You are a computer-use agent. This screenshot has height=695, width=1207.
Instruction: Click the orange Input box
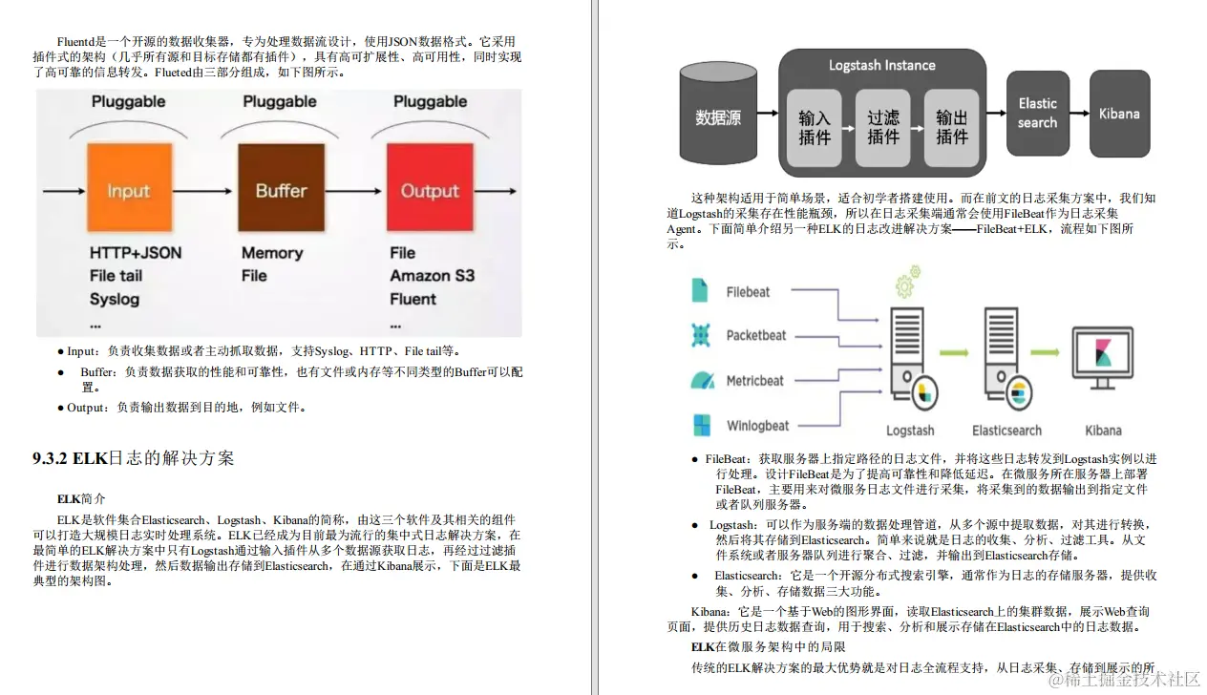[x=129, y=189]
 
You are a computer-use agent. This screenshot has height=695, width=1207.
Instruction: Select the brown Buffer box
[x=280, y=189]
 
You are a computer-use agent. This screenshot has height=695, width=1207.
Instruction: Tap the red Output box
[x=430, y=189]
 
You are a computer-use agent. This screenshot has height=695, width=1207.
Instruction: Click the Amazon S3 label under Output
[x=432, y=276]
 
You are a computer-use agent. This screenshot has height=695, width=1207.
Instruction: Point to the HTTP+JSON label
[x=135, y=253]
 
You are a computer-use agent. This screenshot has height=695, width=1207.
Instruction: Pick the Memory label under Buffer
[x=271, y=253]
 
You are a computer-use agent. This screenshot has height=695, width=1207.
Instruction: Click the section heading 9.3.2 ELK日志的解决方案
[x=133, y=458]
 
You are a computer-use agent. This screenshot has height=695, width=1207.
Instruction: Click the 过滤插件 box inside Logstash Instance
[x=883, y=127]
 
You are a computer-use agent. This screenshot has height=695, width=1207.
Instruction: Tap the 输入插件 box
[x=815, y=127]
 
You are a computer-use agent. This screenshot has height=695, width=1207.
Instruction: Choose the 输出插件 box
[x=952, y=127]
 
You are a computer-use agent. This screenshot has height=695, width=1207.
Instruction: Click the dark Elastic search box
[x=1037, y=114]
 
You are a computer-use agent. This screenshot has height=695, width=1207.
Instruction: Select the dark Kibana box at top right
[x=1119, y=114]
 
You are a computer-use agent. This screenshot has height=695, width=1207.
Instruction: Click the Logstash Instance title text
[x=881, y=66]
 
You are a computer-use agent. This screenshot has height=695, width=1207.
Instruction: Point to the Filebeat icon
[x=701, y=290]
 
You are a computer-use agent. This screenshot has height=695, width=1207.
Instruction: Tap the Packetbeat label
[x=756, y=335]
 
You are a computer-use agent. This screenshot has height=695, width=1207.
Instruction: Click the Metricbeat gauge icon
[x=702, y=380]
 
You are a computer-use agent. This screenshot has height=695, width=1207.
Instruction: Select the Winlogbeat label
[x=757, y=426]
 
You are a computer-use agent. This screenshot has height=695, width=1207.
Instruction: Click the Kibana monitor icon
[x=1103, y=357]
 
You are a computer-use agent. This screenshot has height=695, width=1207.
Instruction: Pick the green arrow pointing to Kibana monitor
[x=1045, y=351]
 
